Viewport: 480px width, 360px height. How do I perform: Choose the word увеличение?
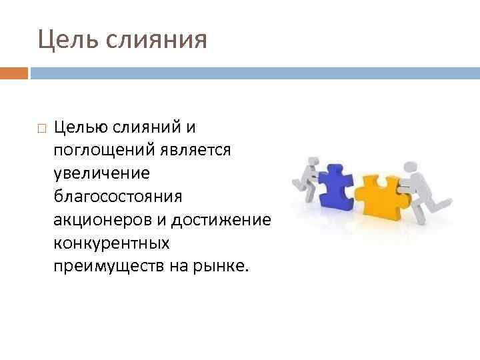click(x=102, y=173)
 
